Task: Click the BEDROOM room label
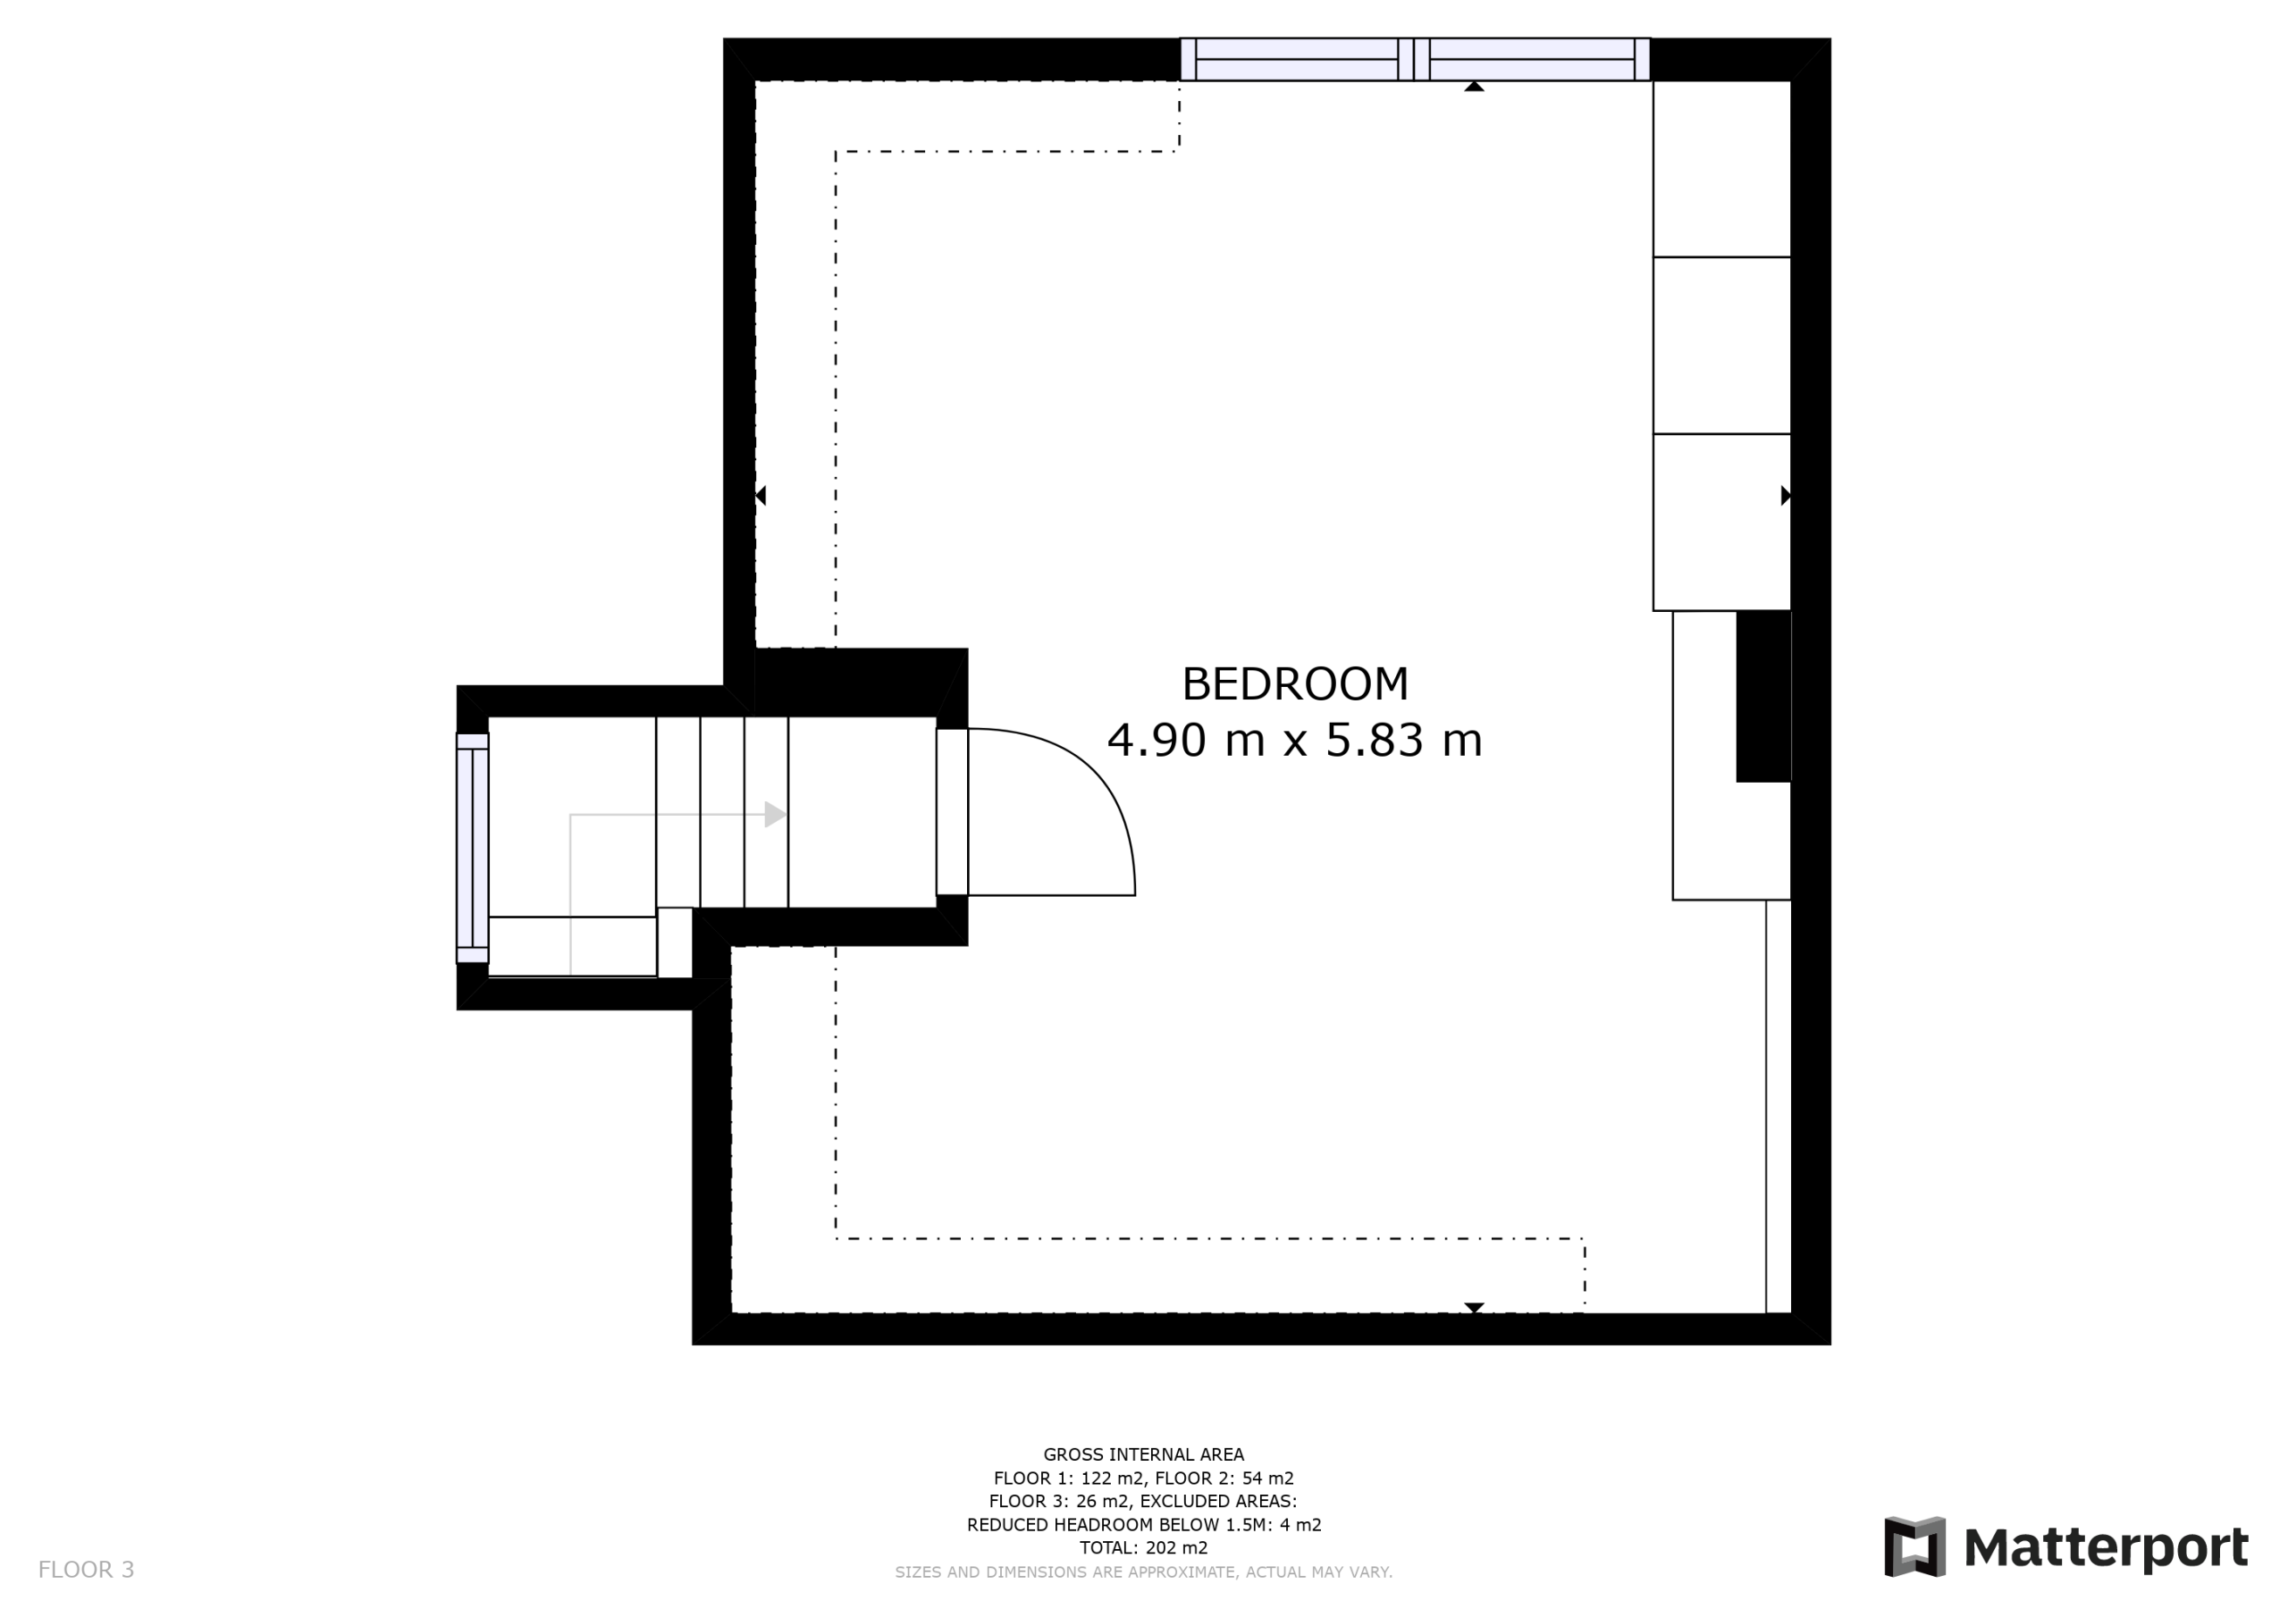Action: click(x=1294, y=684)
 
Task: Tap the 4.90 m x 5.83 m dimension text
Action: click(x=1294, y=741)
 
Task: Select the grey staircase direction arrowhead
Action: click(x=775, y=815)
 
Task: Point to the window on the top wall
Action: click(x=1415, y=59)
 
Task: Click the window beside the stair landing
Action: click(x=473, y=849)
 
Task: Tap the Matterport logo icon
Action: click(x=1914, y=1547)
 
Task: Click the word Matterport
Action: click(x=2106, y=1548)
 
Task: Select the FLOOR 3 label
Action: click(x=86, y=1571)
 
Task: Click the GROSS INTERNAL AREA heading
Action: click(x=1144, y=1454)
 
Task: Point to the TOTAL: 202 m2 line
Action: click(x=1144, y=1548)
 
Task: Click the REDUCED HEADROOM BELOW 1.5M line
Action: click(x=1144, y=1525)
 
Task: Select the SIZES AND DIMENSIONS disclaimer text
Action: click(x=1144, y=1572)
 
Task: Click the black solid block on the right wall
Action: click(x=1764, y=697)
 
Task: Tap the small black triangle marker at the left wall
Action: click(x=761, y=495)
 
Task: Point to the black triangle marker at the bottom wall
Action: click(x=1475, y=1307)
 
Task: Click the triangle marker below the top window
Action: click(x=1475, y=87)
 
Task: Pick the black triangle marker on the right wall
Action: click(x=1786, y=495)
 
